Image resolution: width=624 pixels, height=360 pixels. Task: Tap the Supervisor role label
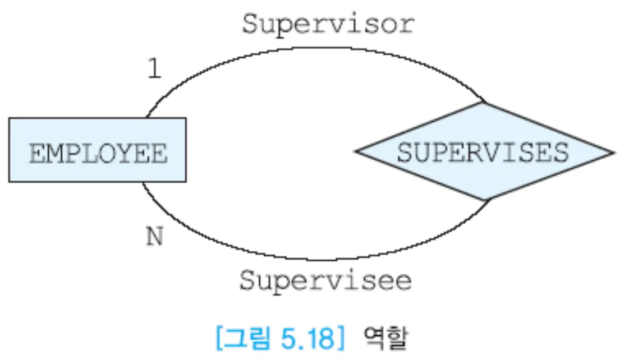tap(328, 25)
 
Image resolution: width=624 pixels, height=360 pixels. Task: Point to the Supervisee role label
tap(325, 280)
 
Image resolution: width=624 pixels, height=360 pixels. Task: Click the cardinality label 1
tap(153, 70)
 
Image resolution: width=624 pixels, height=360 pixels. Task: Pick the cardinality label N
tap(154, 237)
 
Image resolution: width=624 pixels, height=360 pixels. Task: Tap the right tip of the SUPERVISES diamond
tap(613, 152)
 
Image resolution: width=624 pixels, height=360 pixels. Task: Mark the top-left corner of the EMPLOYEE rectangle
tap(10, 118)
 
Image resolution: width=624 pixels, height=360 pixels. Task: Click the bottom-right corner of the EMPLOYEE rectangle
tap(185, 181)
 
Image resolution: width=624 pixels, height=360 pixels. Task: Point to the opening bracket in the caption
tap(219, 339)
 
